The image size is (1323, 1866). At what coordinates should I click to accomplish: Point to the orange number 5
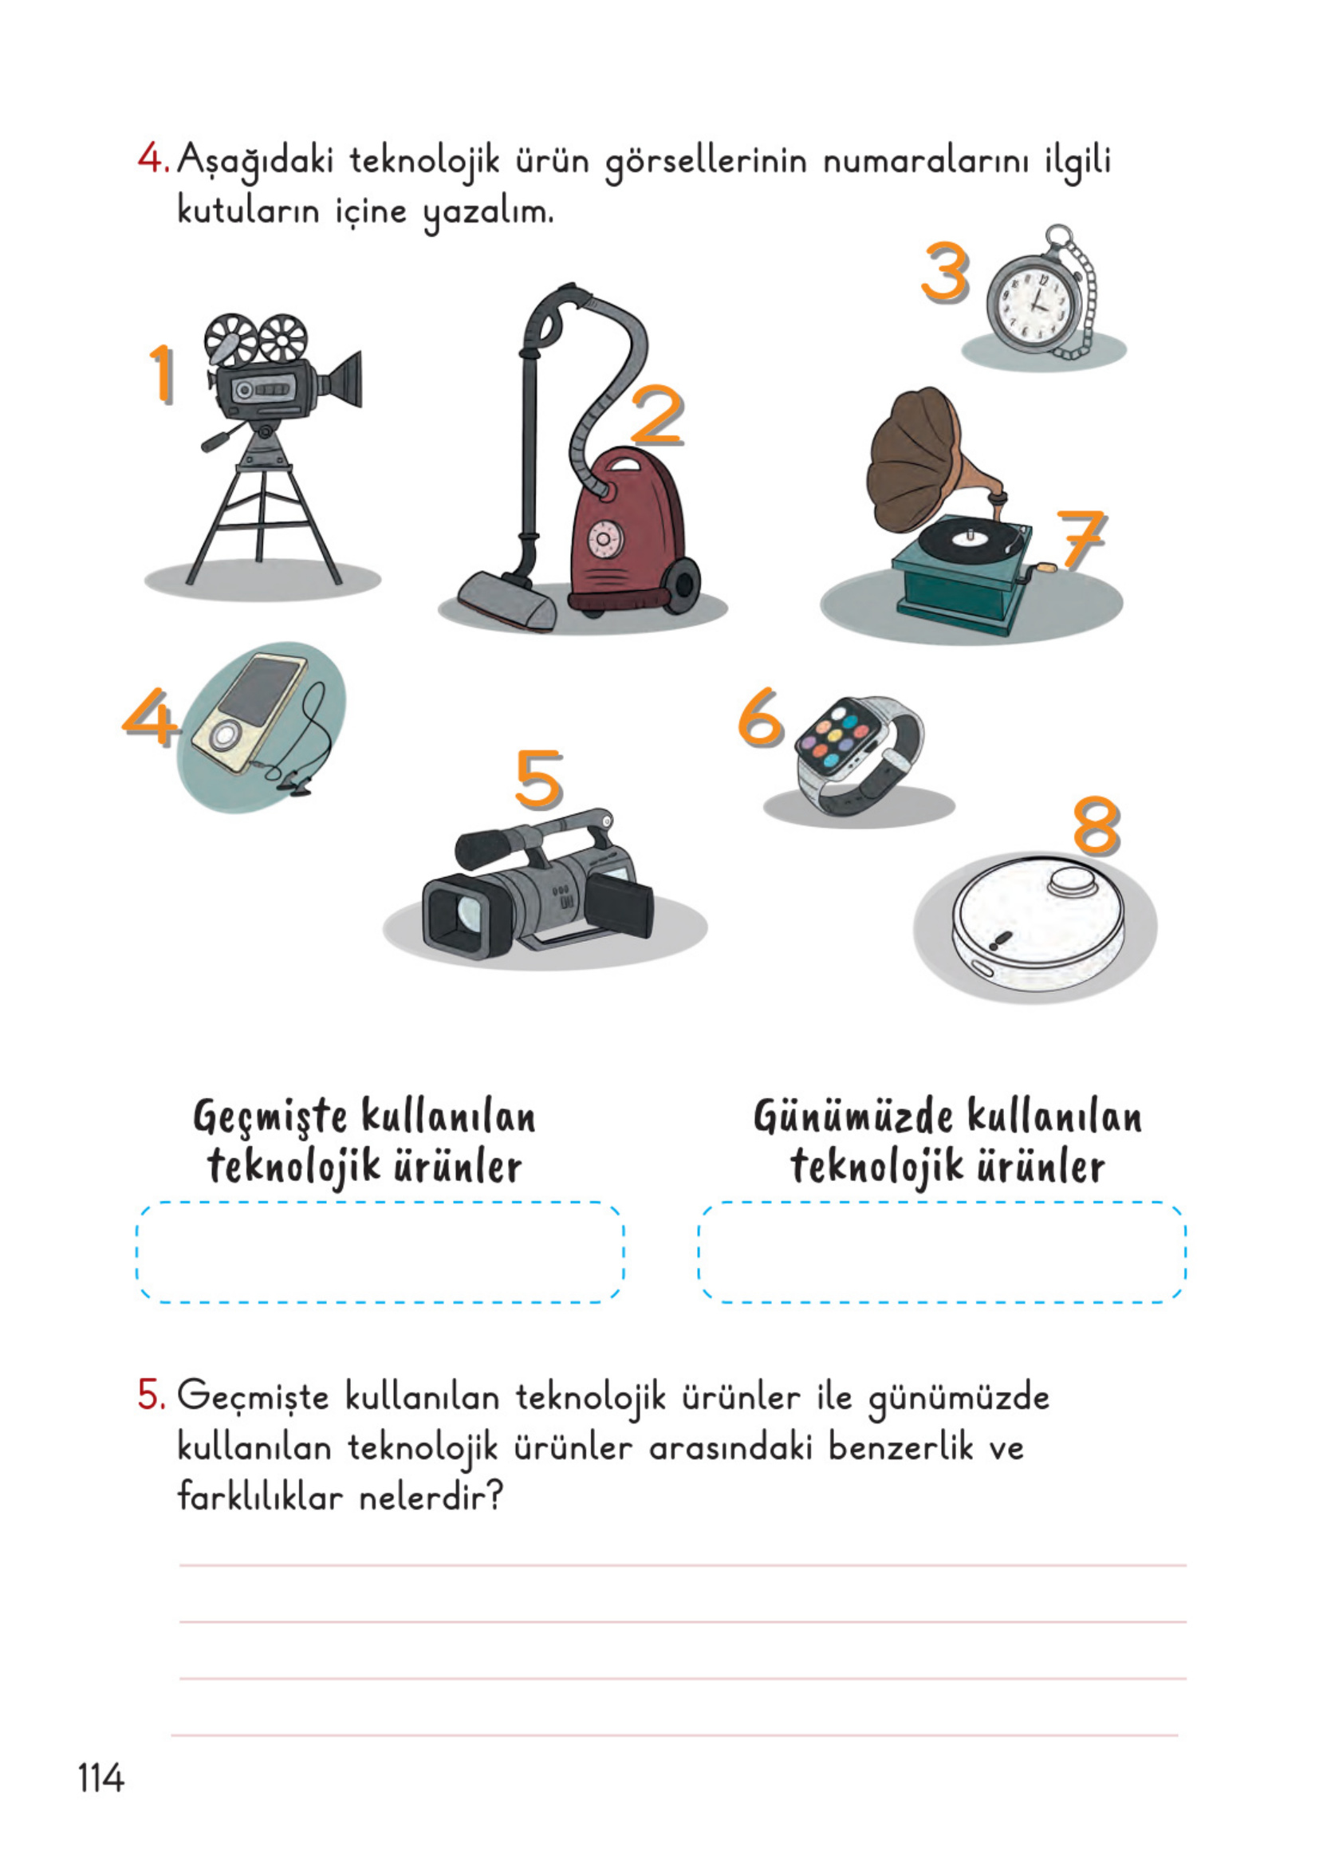coord(538,778)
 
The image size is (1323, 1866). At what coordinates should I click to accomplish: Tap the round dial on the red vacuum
coord(604,539)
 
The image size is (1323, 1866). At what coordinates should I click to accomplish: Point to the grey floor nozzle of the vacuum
coord(506,600)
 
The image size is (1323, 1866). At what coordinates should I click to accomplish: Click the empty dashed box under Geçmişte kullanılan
coord(380,1252)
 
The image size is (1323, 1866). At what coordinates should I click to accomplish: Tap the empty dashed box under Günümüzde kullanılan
coord(942,1252)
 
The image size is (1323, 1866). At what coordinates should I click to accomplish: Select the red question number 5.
coord(152,1395)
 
